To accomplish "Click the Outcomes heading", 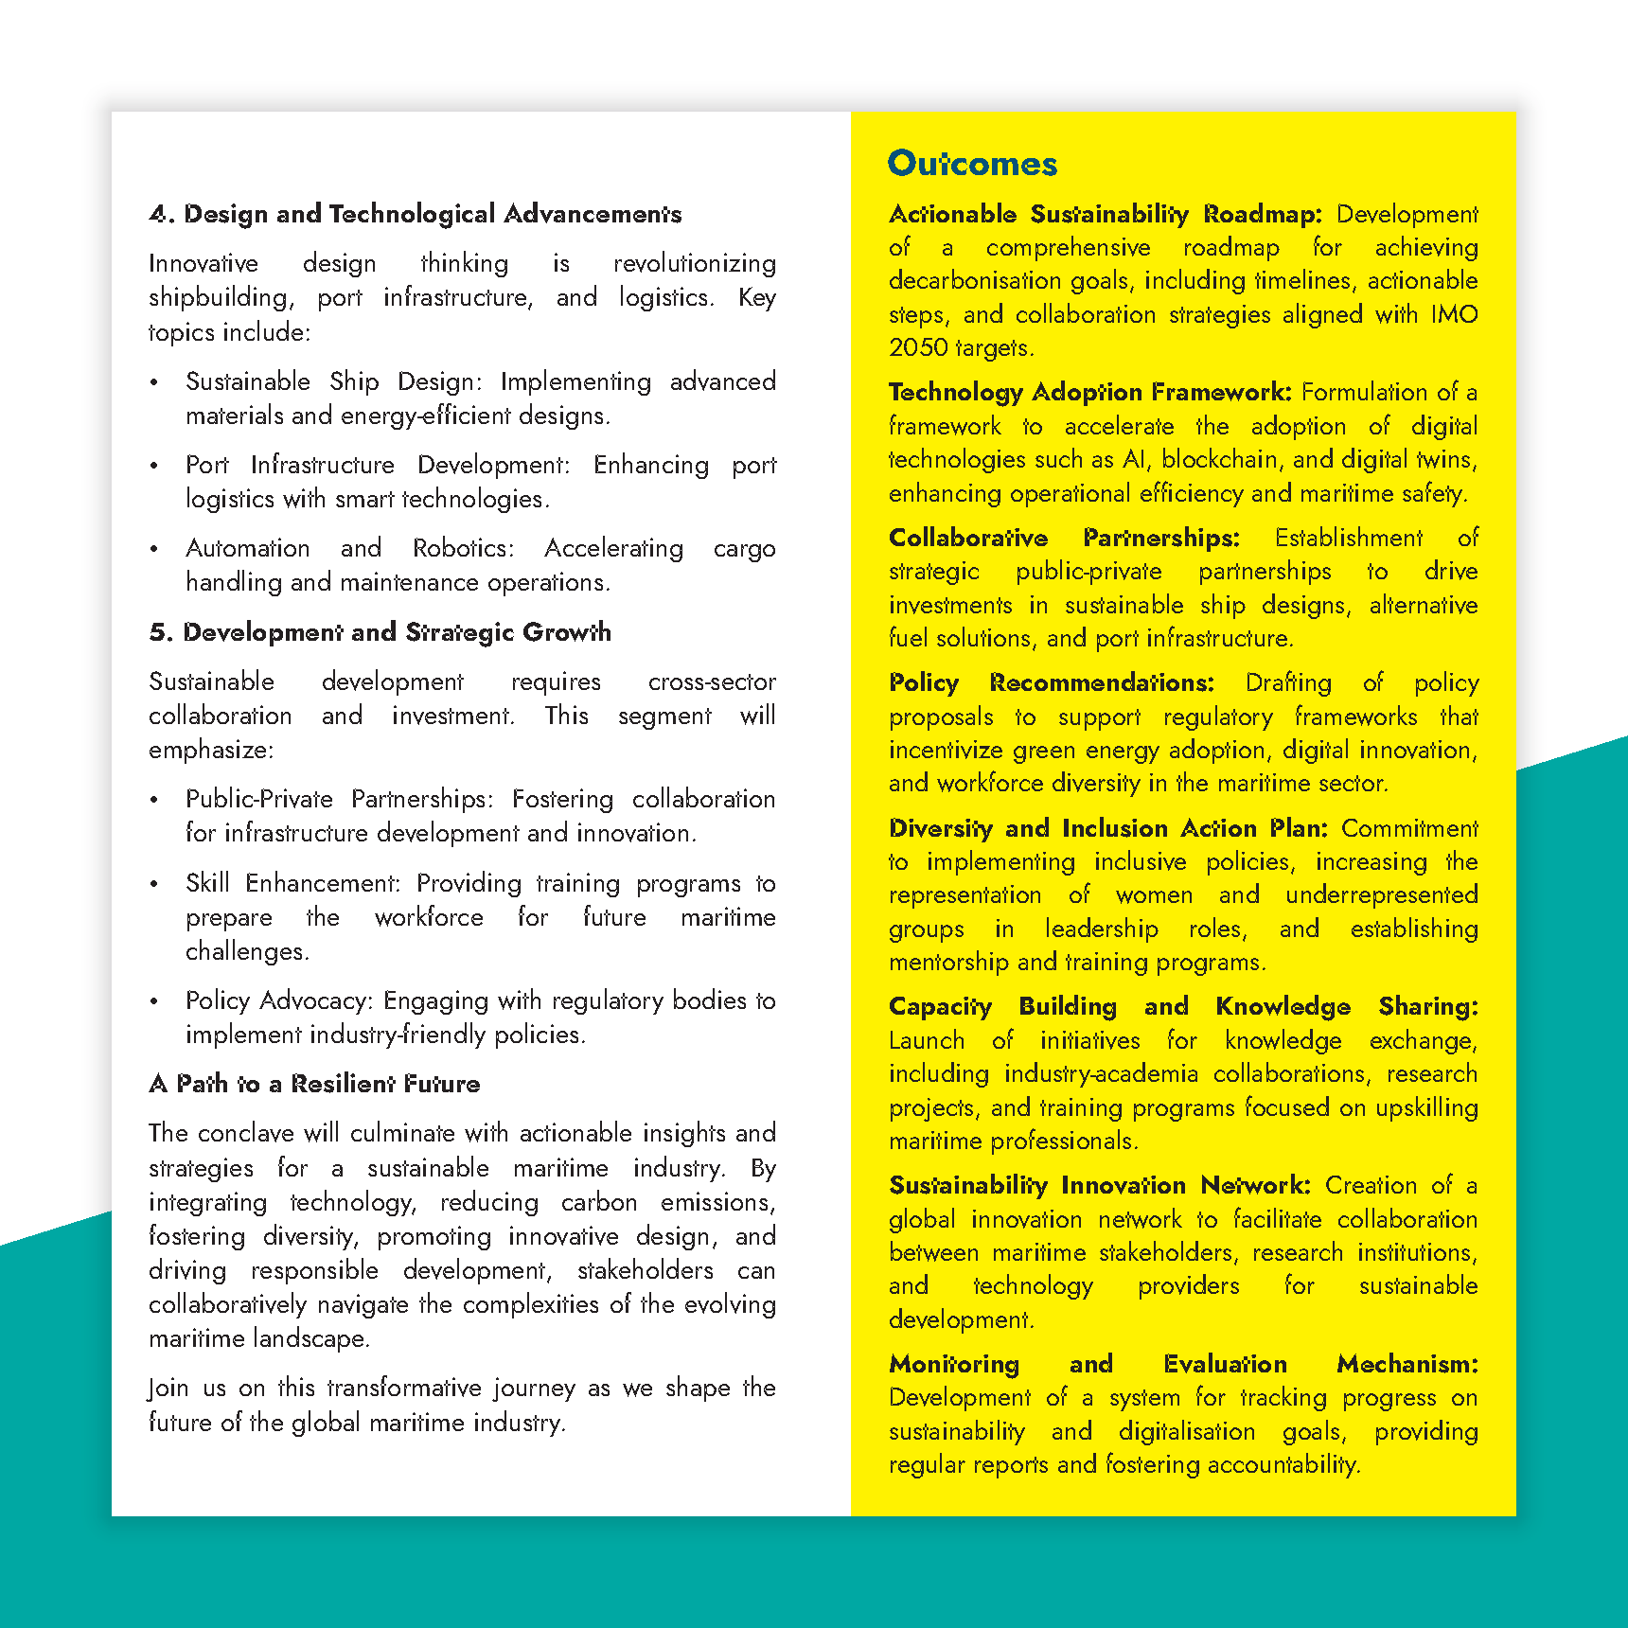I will (x=971, y=164).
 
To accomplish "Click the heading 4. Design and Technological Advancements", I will (x=415, y=214).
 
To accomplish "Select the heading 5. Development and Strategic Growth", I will (x=380, y=632).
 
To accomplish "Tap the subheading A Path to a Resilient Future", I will (x=314, y=1084).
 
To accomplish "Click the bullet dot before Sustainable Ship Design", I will (x=154, y=382).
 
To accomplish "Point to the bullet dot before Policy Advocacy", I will (x=154, y=1001).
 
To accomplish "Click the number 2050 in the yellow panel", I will (x=918, y=347).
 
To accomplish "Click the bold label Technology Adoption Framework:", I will (x=1089, y=392).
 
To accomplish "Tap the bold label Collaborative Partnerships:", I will (x=1063, y=538).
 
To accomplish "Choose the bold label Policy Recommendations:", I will (x=1051, y=682).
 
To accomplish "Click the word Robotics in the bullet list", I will (x=462, y=548).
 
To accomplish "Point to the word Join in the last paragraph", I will (x=168, y=1389).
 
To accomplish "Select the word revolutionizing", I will (x=694, y=263).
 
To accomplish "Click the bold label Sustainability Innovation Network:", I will (x=1099, y=1185).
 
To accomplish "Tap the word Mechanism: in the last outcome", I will (x=1407, y=1364).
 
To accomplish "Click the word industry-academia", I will (x=1101, y=1074).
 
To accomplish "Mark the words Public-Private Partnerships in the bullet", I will (x=338, y=799).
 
